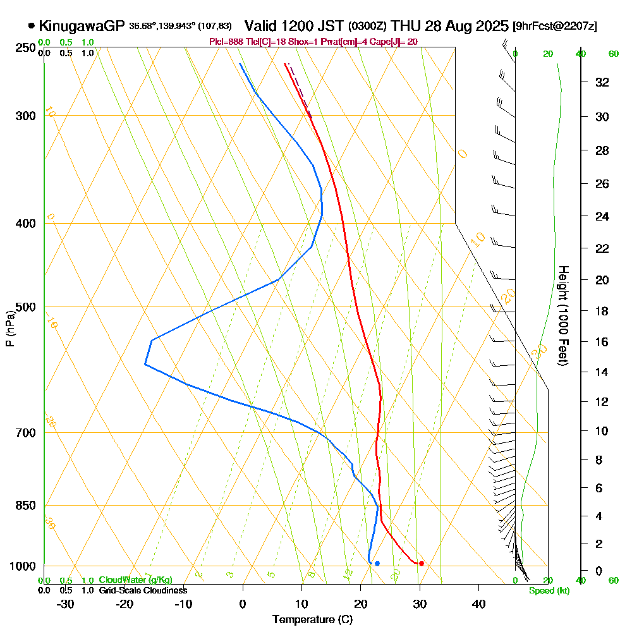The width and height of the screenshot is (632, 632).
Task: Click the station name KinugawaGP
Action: click(x=82, y=26)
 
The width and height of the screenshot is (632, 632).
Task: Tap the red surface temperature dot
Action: click(x=422, y=563)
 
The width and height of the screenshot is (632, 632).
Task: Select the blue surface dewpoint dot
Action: click(x=377, y=563)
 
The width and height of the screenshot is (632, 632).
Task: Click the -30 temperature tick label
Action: click(x=65, y=604)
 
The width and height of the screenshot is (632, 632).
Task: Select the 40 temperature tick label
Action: click(x=478, y=604)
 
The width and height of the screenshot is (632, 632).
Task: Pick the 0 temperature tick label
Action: click(x=243, y=604)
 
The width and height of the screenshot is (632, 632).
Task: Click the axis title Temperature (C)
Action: click(x=312, y=620)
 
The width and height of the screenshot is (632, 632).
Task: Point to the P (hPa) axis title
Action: click(x=9, y=329)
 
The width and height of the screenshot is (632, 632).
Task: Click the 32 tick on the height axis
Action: click(x=603, y=82)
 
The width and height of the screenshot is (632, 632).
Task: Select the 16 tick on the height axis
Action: click(x=603, y=342)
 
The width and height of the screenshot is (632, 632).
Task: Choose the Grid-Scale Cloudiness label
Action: click(x=142, y=590)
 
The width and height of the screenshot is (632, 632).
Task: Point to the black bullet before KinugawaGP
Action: click(x=32, y=26)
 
